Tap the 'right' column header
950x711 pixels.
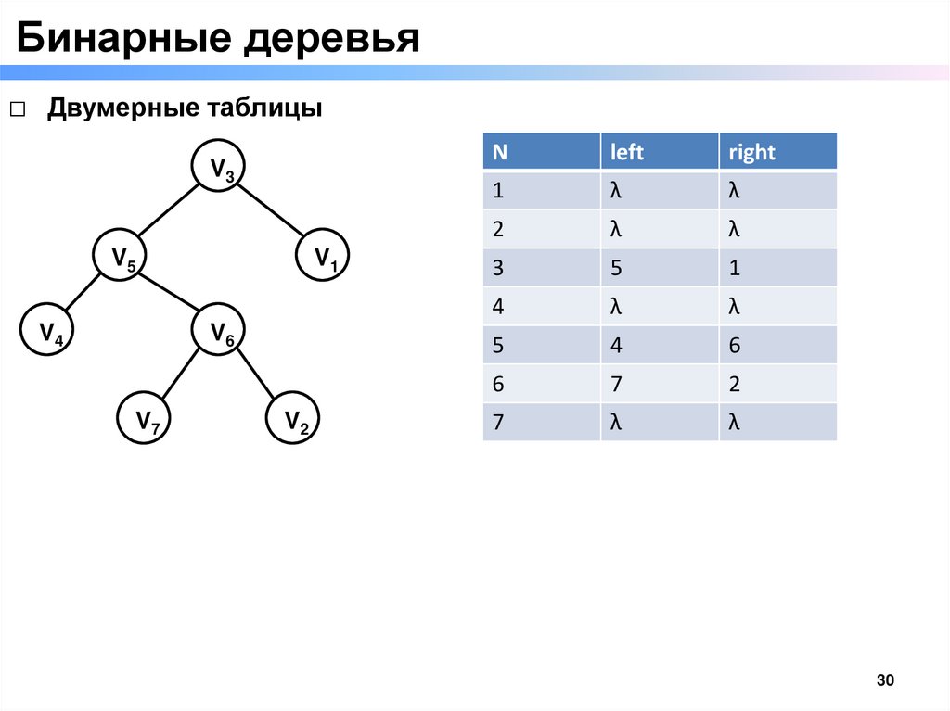[x=751, y=152]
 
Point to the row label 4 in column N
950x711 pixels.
[x=498, y=307]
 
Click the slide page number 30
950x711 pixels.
[x=884, y=681]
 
